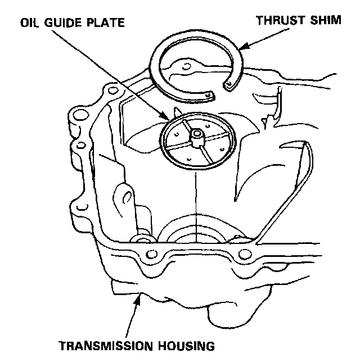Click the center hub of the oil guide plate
point(196,135)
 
